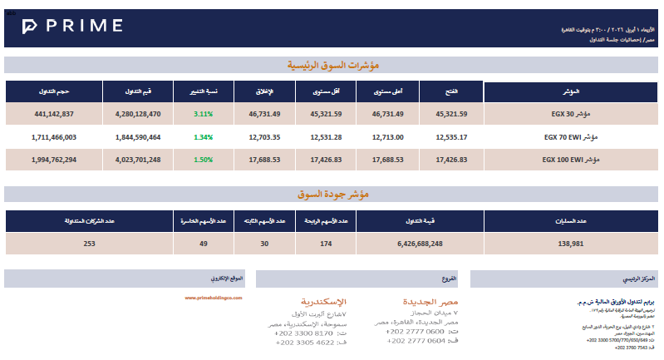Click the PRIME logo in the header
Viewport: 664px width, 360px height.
pos(70,27)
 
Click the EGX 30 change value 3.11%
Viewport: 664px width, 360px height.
pos(203,114)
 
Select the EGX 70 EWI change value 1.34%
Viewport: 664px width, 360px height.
pos(203,136)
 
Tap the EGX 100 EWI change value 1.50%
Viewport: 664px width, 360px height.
pos(203,159)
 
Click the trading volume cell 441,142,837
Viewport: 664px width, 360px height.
pos(54,114)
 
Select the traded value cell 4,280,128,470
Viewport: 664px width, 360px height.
pos(138,114)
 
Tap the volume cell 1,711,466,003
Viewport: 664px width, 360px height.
pos(54,136)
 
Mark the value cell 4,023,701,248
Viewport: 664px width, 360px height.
pos(138,159)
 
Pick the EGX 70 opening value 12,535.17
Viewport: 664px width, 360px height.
pos(451,136)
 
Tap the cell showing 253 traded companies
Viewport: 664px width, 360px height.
pos(90,244)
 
